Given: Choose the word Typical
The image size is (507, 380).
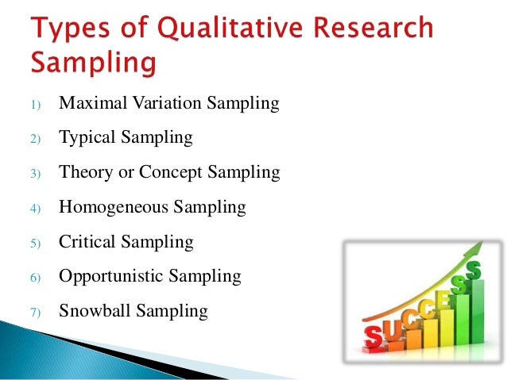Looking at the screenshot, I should click(88, 138).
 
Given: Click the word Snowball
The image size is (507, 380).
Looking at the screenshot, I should click(94, 310).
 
